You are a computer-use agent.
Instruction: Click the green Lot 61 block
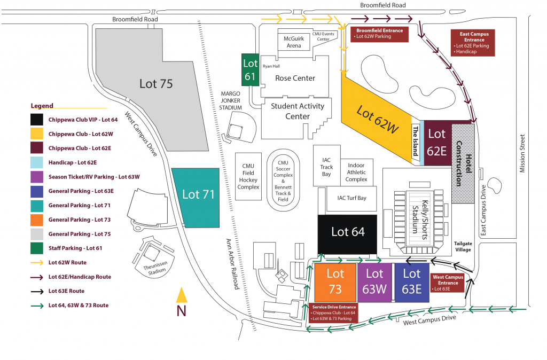[250, 70]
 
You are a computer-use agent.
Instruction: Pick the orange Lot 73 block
[335, 281]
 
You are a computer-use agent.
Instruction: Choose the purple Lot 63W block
[374, 281]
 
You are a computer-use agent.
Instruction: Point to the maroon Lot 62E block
[437, 143]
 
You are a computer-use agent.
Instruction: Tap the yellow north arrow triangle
[182, 295]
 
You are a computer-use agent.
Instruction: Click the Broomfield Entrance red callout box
[380, 34]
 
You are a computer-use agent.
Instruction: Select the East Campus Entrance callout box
[474, 42]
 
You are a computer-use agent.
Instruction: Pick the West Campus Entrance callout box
[447, 283]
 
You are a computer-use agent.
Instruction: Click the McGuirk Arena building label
[294, 42]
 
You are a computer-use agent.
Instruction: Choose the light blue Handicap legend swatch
[37, 162]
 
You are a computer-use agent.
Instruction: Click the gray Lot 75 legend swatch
[37, 234]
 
